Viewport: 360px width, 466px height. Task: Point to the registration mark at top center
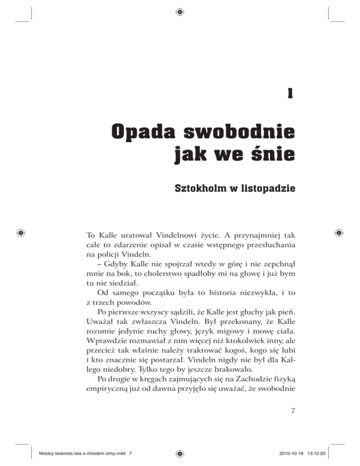(180, 11)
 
